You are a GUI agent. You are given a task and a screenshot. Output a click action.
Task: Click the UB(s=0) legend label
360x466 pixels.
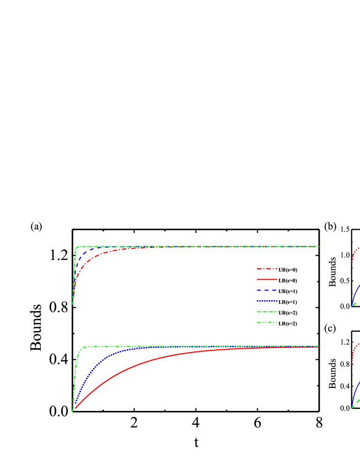(288, 270)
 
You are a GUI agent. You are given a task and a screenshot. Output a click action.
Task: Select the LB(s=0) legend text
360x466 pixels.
(288, 280)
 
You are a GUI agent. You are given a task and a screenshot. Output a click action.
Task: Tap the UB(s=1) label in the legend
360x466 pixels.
(288, 291)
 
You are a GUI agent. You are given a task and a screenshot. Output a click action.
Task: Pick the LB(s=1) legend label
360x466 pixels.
(288, 302)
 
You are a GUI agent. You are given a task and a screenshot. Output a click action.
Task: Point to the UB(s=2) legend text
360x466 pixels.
(288, 313)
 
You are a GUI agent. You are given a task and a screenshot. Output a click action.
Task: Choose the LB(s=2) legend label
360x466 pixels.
(288, 323)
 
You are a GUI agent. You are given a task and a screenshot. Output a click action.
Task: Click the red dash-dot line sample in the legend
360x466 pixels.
(267, 270)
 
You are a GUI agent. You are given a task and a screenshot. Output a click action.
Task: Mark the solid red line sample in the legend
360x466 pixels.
(267, 280)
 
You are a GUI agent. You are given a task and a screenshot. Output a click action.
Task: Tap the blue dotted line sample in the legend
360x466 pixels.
(267, 302)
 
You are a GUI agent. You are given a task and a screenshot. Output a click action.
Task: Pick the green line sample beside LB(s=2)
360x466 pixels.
(267, 323)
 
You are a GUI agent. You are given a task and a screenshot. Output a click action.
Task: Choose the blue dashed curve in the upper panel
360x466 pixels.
(81, 256)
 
